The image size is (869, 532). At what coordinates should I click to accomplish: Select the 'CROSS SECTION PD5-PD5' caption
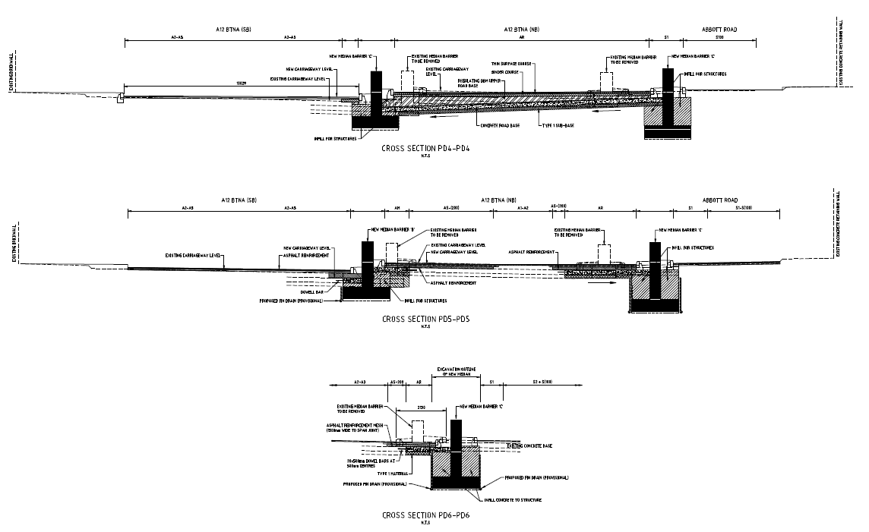pyautogui.click(x=425, y=319)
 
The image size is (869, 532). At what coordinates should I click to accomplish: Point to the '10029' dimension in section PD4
pyautogui.click(x=242, y=82)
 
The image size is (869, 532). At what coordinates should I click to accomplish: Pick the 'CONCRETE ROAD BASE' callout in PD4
pyautogui.click(x=500, y=125)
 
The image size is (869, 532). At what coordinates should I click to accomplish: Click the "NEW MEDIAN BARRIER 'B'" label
pyautogui.click(x=391, y=229)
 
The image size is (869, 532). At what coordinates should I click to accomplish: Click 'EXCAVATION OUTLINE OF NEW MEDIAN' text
pyautogui.click(x=454, y=371)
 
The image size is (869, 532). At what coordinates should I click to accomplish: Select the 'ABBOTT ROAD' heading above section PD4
pyautogui.click(x=719, y=30)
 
